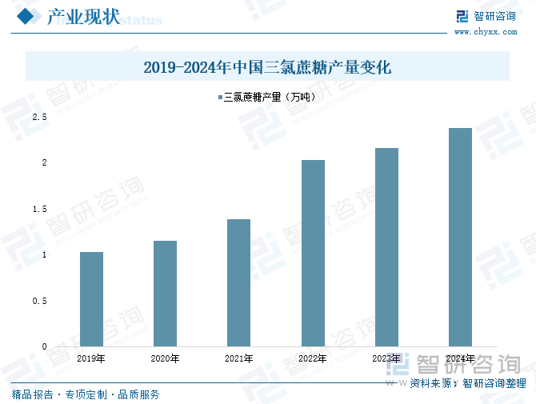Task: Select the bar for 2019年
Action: click(x=91, y=299)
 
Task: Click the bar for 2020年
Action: click(x=165, y=294)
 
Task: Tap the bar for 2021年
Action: click(x=238, y=282)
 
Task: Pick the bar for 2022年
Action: click(x=313, y=253)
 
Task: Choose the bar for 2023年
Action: click(x=386, y=247)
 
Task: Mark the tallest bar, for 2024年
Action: click(x=460, y=237)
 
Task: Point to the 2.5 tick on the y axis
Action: click(x=39, y=118)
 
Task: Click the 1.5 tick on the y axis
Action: click(x=39, y=209)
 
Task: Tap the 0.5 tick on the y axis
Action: click(x=39, y=301)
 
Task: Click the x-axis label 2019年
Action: click(x=91, y=358)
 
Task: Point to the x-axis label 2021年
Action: click(x=238, y=358)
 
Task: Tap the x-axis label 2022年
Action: click(x=313, y=358)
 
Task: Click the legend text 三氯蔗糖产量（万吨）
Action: click(x=270, y=98)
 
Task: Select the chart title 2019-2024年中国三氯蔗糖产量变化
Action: click(x=267, y=67)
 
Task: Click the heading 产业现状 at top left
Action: click(x=83, y=18)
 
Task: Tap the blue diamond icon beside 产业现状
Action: click(x=26, y=17)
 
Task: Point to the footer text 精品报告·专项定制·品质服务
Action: click(x=86, y=394)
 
